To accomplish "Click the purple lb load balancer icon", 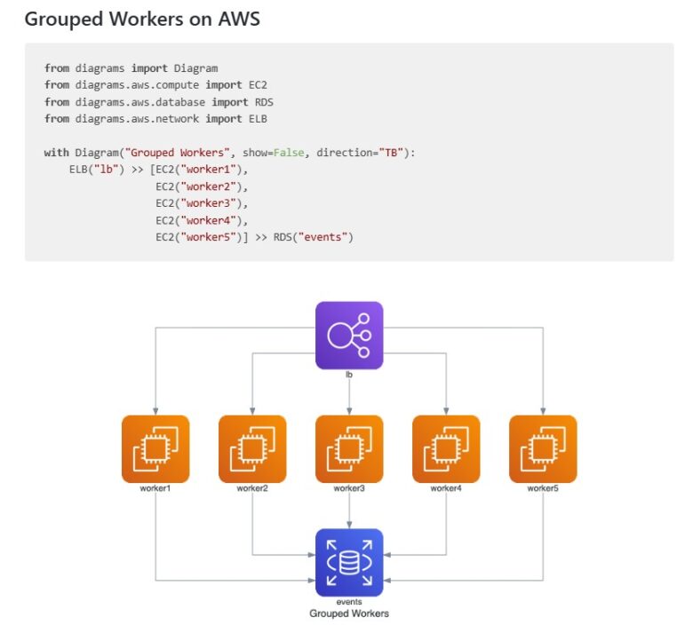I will [349, 335].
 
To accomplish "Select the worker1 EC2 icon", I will [155, 448].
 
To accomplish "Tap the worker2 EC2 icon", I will [252, 448].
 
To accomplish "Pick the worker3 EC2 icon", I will [349, 448].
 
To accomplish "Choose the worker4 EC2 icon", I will [446, 448].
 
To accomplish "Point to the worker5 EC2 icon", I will [543, 448].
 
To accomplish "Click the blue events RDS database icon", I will [349, 562].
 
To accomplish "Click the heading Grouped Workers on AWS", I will [142, 19].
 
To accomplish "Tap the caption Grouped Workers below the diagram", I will [348, 613].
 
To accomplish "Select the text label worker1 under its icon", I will [155, 488].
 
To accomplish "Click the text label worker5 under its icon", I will [543, 488].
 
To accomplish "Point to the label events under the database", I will [348, 602].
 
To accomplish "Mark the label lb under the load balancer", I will [349, 375].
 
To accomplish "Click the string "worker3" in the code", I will [208, 203].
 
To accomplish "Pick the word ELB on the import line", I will [258, 119].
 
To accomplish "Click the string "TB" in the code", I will [391, 153].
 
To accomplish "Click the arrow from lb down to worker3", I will [349, 395].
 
